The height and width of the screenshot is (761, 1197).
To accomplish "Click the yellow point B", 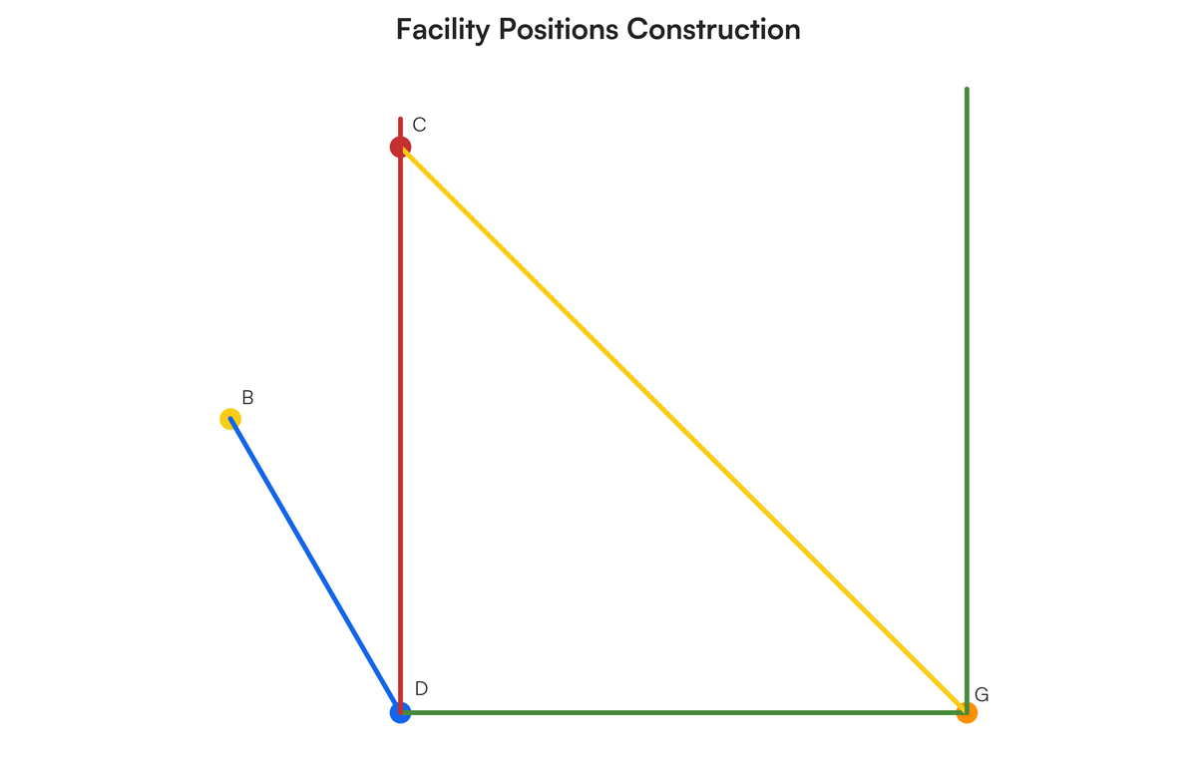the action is [230, 419].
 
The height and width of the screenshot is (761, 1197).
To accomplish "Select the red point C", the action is [400, 147].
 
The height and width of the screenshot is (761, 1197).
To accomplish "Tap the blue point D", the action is [400, 712].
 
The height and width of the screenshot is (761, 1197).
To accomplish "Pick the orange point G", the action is [967, 712].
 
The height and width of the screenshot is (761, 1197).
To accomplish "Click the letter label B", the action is [247, 398].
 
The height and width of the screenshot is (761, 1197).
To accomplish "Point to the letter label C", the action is [419, 125].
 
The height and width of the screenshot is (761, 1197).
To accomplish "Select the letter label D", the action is [421, 689].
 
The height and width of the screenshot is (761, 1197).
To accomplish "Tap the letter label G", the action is [982, 695].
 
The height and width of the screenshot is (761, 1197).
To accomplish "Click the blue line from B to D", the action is [315, 566].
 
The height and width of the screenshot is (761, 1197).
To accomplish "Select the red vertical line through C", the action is [400, 415].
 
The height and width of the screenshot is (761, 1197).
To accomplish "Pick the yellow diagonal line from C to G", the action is [683, 430].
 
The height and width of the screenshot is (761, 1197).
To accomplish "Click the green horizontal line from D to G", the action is [683, 712].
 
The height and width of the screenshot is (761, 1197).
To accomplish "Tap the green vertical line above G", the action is [967, 400].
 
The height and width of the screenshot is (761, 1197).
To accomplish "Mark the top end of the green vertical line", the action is [967, 88].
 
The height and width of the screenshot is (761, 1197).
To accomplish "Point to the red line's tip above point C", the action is [400, 118].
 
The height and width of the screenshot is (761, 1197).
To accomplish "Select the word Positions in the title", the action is [558, 29].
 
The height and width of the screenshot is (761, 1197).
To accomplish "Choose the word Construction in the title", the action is [713, 29].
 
